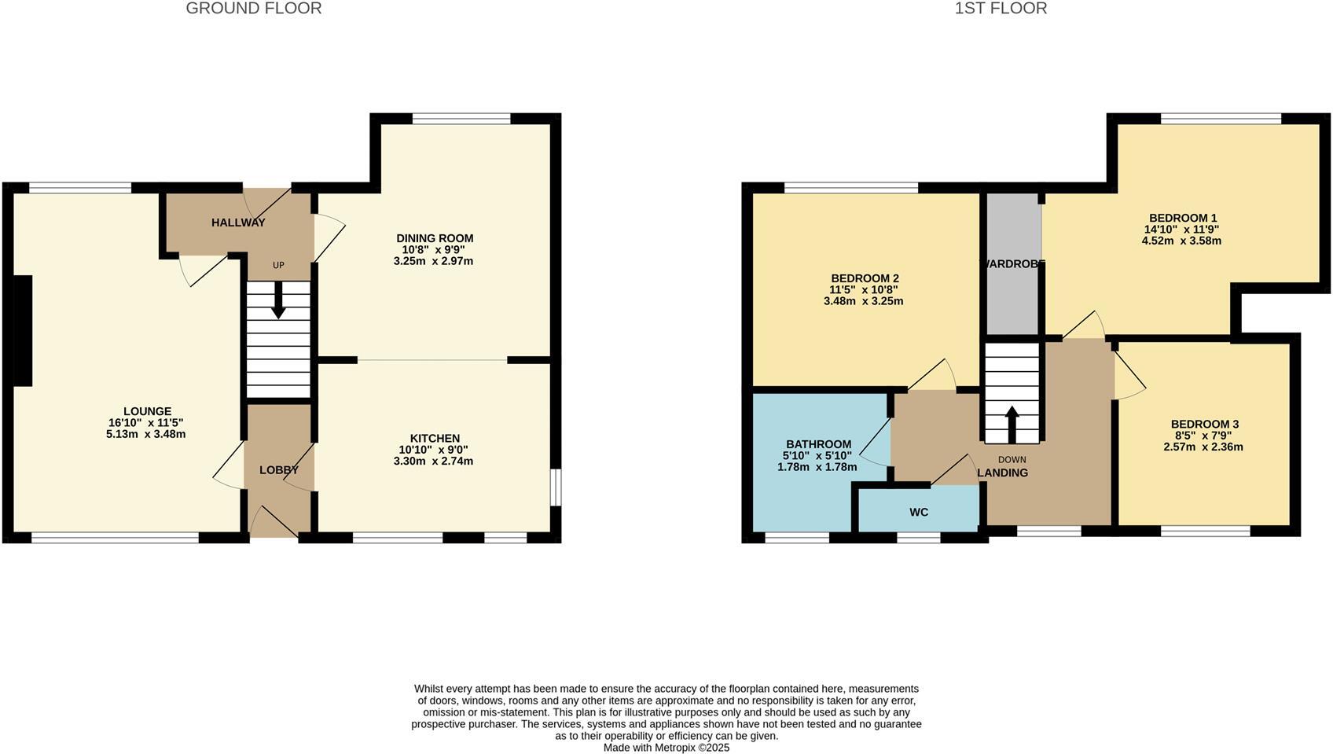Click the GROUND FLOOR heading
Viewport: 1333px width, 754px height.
[x=254, y=9]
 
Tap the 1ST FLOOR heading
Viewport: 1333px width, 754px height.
[x=1001, y=9]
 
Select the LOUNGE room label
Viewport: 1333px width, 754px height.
[x=148, y=411]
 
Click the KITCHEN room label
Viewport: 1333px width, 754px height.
[x=435, y=439]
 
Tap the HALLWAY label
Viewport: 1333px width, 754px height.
[x=238, y=223]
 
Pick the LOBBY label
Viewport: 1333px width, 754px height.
[x=278, y=470]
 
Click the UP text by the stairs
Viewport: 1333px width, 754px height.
[x=278, y=266]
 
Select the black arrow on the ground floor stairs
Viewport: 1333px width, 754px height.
[x=278, y=300]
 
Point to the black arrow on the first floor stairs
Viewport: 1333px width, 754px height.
[x=1012, y=425]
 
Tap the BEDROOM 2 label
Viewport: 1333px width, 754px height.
[x=865, y=278]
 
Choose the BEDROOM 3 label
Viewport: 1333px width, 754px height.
[x=1204, y=425]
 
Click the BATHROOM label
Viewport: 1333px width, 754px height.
[x=818, y=444]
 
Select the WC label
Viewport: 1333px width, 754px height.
[x=919, y=513]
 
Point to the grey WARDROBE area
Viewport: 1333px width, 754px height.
[x=1013, y=263]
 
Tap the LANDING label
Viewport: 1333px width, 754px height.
[x=1003, y=473]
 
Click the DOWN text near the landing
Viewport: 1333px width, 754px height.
[x=1012, y=460]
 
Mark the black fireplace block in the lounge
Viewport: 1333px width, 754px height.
[x=22, y=331]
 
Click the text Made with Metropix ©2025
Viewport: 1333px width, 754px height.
[x=666, y=748]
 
